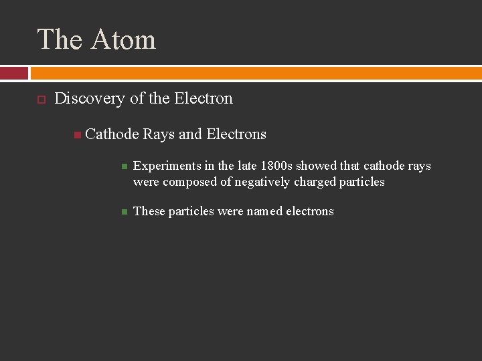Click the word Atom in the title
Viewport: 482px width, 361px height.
(123, 40)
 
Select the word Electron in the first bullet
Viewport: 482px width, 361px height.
(204, 98)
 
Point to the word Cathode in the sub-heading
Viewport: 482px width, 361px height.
(112, 134)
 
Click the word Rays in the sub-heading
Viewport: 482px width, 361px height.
(159, 134)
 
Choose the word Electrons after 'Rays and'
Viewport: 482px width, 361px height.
(236, 134)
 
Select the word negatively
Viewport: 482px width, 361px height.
(264, 182)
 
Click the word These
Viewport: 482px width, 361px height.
(149, 211)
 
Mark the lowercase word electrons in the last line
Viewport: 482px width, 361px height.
(310, 211)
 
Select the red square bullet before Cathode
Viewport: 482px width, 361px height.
(78, 135)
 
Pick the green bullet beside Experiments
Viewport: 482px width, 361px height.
(124, 166)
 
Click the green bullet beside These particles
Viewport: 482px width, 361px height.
(124, 212)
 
